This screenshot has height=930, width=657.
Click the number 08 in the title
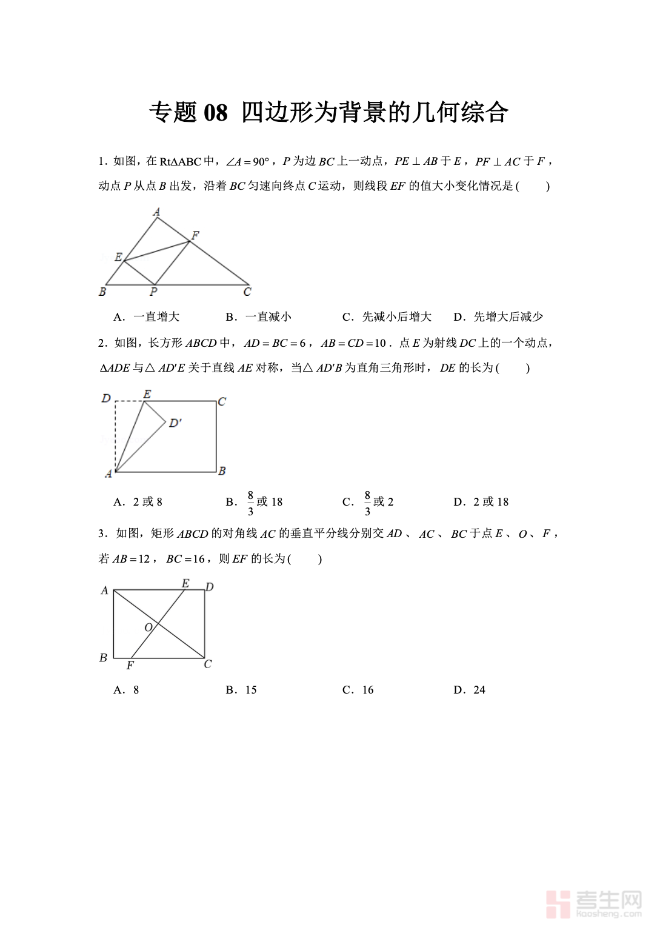(x=216, y=113)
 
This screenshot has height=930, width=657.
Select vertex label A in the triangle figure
(x=156, y=212)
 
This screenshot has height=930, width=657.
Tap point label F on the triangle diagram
(x=195, y=235)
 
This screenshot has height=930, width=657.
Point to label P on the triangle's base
(x=153, y=292)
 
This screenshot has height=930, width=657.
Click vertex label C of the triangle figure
(x=247, y=292)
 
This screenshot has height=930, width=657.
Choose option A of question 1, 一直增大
(x=147, y=316)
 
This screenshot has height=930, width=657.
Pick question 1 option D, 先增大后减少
(x=498, y=316)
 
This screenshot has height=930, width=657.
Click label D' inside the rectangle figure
(x=175, y=423)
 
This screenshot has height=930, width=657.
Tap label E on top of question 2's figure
(x=147, y=394)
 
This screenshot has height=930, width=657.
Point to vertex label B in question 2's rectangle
(x=222, y=471)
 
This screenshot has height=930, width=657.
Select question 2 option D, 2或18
(x=481, y=502)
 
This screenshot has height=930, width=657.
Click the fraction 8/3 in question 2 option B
(x=250, y=503)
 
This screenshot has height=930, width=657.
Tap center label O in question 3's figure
(x=148, y=627)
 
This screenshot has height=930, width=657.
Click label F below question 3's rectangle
(x=130, y=666)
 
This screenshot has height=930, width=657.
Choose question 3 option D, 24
(x=470, y=690)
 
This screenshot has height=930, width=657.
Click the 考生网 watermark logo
(x=593, y=903)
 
